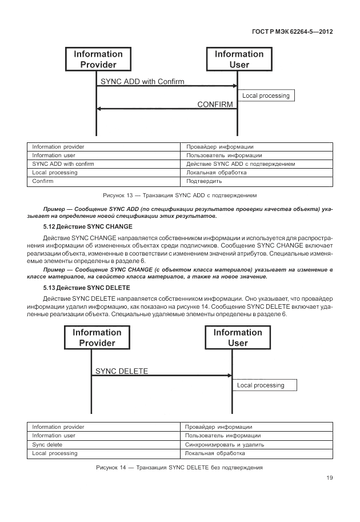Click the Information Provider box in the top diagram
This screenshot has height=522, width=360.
pyautogui.click(x=98, y=59)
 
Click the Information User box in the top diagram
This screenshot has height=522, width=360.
pyautogui.click(x=239, y=59)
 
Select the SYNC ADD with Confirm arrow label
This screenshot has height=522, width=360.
pyautogui.click(x=142, y=82)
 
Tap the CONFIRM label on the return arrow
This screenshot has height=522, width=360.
pyautogui.click(x=215, y=105)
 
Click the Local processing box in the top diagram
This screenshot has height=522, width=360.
pyautogui.click(x=266, y=95)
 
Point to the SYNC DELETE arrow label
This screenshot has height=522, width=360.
pyautogui.click(x=122, y=371)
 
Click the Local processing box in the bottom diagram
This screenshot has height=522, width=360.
pyautogui.click(x=265, y=385)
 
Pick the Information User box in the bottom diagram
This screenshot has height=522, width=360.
pyautogui.click(x=238, y=338)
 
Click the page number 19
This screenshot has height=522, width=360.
pyautogui.click(x=329, y=479)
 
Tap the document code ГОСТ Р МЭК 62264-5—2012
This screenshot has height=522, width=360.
pyautogui.click(x=292, y=32)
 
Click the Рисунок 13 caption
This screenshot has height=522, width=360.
pyautogui.click(x=179, y=194)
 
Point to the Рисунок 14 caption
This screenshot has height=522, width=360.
pyautogui.click(x=179, y=468)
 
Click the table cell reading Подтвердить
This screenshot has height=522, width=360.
pyautogui.click(x=201, y=181)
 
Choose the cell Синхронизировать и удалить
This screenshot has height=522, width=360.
pyautogui.click(x=225, y=444)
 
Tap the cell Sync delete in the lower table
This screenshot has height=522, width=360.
pyautogui.click(x=47, y=444)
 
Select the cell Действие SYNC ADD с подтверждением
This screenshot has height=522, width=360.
pyautogui.click(x=241, y=164)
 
